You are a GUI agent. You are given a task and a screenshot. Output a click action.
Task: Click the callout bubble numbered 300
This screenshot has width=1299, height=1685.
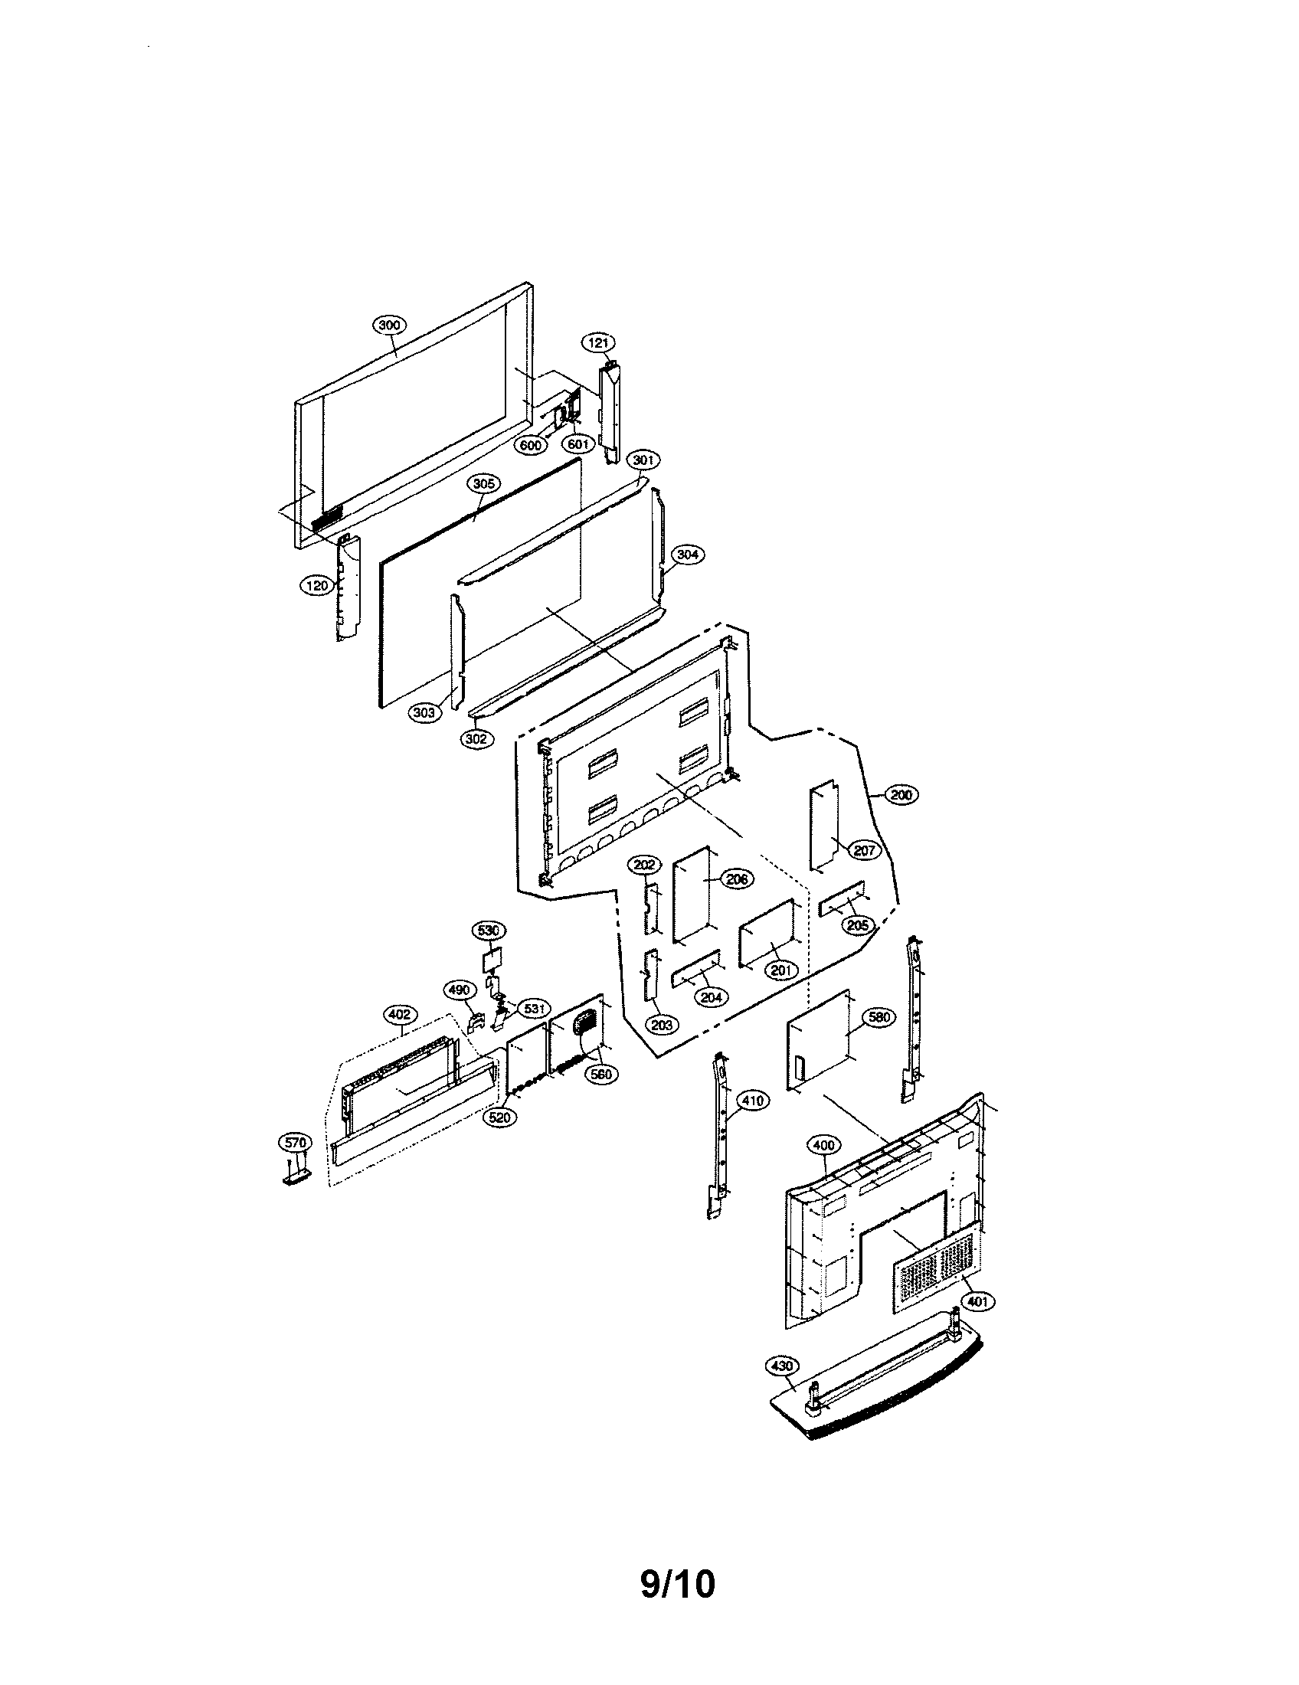pyautogui.click(x=390, y=325)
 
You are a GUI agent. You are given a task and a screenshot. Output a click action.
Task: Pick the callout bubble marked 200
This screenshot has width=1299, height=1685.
pyautogui.click(x=901, y=795)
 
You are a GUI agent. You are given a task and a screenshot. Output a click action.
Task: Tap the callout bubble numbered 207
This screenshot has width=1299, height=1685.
pyautogui.click(x=865, y=850)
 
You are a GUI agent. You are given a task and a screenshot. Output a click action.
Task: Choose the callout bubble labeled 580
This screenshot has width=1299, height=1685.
pyautogui.click(x=879, y=1017)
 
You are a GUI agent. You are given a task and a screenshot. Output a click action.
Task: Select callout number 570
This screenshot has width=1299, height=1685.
pyautogui.click(x=295, y=1142)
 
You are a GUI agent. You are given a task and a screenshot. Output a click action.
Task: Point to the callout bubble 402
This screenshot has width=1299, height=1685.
pyautogui.click(x=398, y=1015)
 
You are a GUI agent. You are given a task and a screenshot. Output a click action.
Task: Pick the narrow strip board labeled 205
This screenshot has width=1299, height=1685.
pyautogui.click(x=842, y=899)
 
